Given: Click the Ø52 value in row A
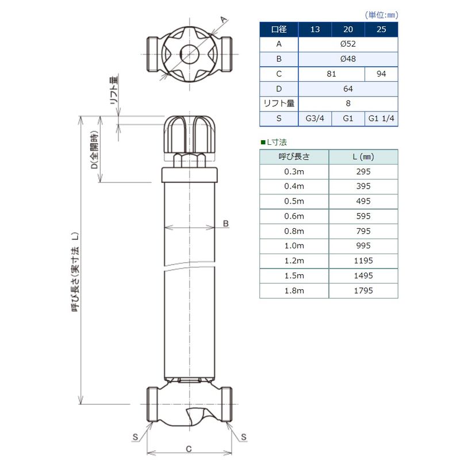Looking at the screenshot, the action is point(348,44).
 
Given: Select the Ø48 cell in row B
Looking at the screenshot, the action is point(348,59).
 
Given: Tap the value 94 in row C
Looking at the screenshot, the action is point(381,74).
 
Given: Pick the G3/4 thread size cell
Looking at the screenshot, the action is point(315,118).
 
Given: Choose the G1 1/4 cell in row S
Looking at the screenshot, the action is point(381,118).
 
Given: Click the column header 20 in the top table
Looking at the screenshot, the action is point(348,29).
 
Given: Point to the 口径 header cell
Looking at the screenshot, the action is point(279,29).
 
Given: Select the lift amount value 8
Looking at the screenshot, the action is point(348,103).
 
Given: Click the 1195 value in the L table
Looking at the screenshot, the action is point(363,261).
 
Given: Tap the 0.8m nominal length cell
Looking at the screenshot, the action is point(294,231).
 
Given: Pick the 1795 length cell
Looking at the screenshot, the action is point(363,291).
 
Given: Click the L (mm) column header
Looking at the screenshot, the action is point(363,157).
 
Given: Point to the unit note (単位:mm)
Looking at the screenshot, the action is point(381,15).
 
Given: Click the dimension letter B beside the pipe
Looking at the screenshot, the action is point(225,224).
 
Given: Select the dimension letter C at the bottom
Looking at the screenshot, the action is point(189,449).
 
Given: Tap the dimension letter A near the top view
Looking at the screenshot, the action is point(224,20).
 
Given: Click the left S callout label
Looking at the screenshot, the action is point(135,437).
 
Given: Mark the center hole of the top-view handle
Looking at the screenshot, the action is point(189,54).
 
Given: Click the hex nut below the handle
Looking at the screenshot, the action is point(189,160).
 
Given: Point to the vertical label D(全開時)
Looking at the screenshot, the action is point(94,149).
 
